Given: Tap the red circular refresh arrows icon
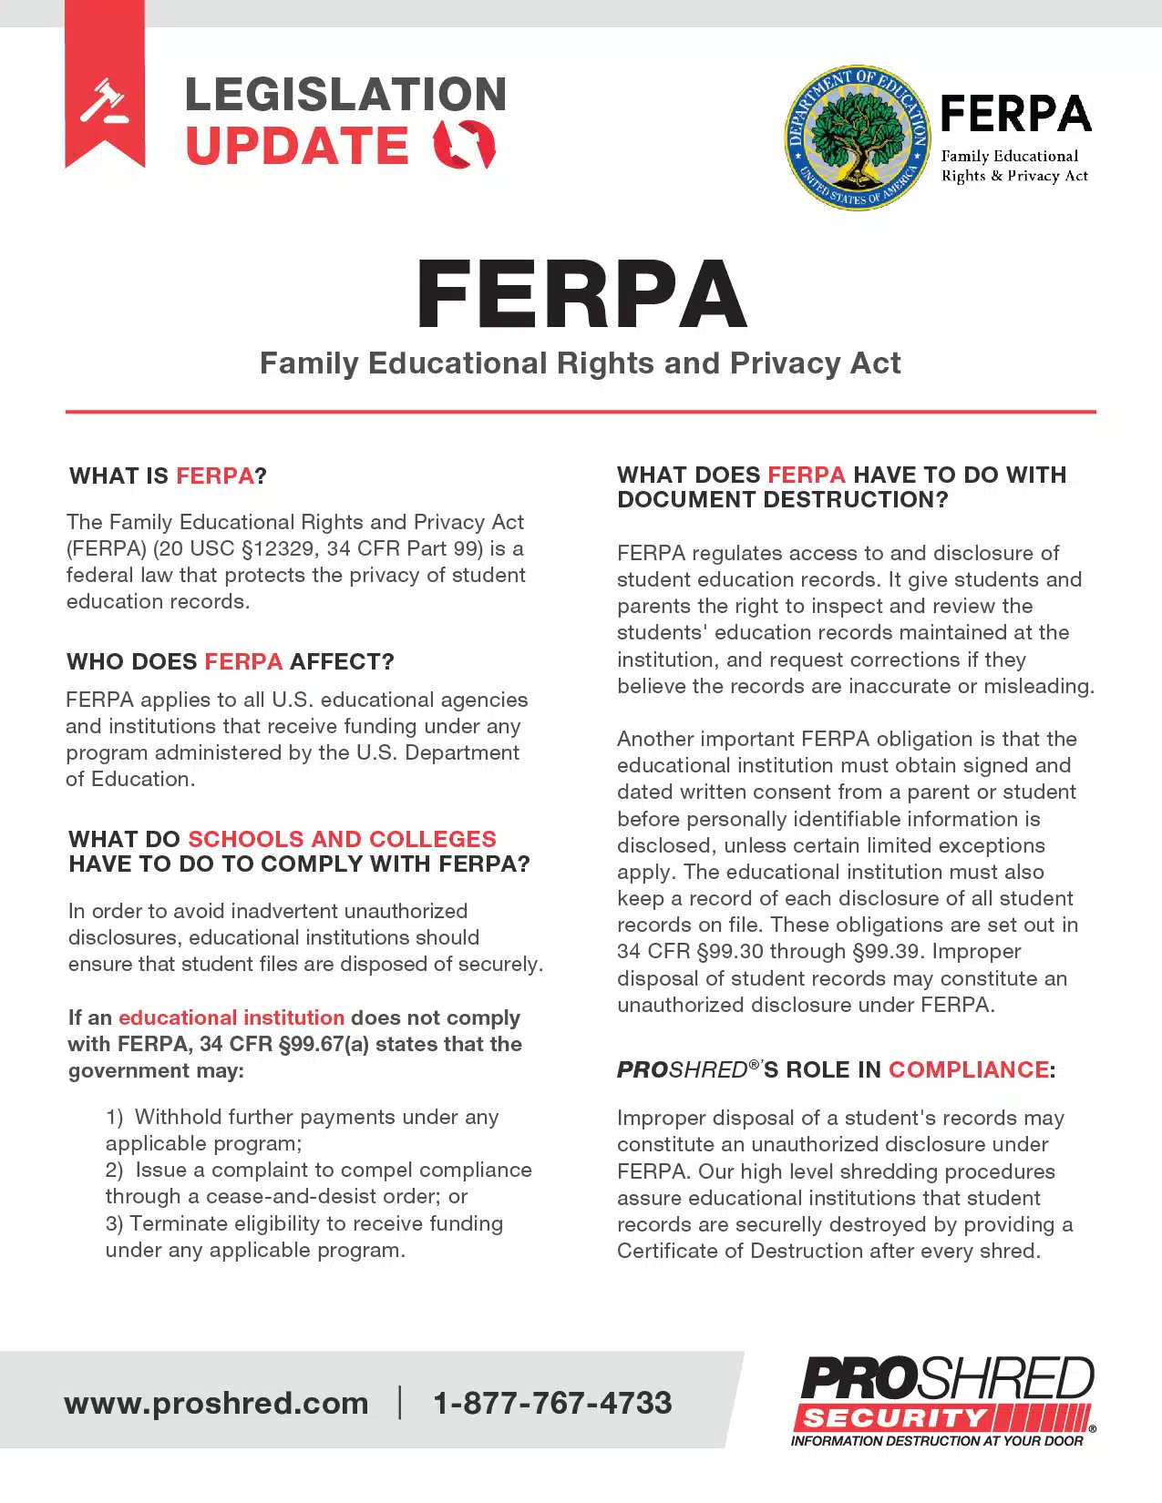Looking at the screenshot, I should click(x=465, y=145).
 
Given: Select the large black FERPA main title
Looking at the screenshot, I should click(x=581, y=294).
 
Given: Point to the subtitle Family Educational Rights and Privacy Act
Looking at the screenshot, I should click(x=580, y=363).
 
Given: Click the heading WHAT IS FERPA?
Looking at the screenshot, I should click(x=168, y=475).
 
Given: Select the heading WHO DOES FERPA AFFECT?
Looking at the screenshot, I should click(x=230, y=661).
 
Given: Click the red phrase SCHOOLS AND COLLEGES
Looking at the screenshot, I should click(x=342, y=839).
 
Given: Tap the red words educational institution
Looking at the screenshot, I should click(x=231, y=1017).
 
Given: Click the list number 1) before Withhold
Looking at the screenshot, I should click(x=114, y=1117).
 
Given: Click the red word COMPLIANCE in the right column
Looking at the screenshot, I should click(x=968, y=1069).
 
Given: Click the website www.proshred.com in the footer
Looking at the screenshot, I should click(x=216, y=1403).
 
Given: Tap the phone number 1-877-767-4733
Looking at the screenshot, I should click(x=552, y=1403).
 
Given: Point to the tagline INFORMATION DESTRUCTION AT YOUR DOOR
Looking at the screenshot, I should click(x=937, y=1441).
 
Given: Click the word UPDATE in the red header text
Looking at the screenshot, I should click(x=297, y=146).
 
